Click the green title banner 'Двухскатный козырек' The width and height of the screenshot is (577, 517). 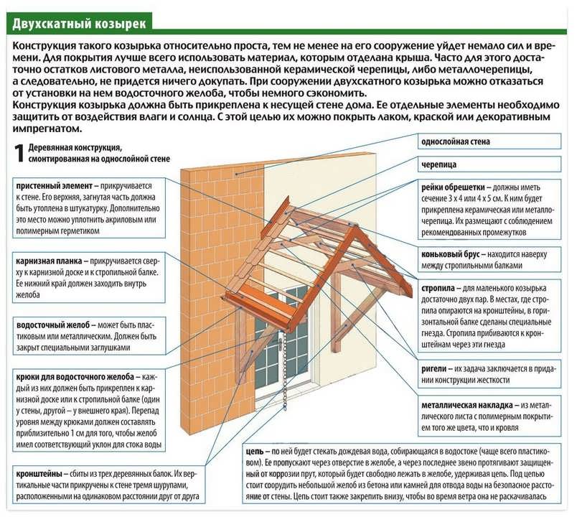click(79, 22)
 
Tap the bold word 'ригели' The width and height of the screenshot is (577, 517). click(433, 367)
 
